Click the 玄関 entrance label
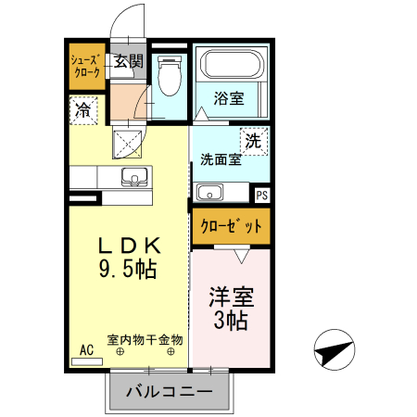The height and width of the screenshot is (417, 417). pyautogui.click(x=129, y=62)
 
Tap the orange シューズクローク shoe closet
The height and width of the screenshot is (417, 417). pyautogui.click(x=86, y=67)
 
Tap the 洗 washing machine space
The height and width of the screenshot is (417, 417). pyautogui.click(x=253, y=142)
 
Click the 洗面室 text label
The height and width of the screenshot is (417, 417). pyautogui.click(x=221, y=159)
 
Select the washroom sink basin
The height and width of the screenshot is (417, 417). pyautogui.click(x=210, y=193)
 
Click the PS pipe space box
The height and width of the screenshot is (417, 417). pyautogui.click(x=261, y=195)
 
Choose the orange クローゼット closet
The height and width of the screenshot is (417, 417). pyautogui.click(x=231, y=225)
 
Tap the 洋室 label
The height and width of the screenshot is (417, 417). pyautogui.click(x=231, y=298)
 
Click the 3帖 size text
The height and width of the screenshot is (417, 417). pyautogui.click(x=231, y=322)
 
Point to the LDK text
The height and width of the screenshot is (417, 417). pyautogui.click(x=131, y=246)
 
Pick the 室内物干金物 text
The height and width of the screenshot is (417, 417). pyautogui.click(x=145, y=339)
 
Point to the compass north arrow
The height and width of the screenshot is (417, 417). pyautogui.click(x=335, y=351)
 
